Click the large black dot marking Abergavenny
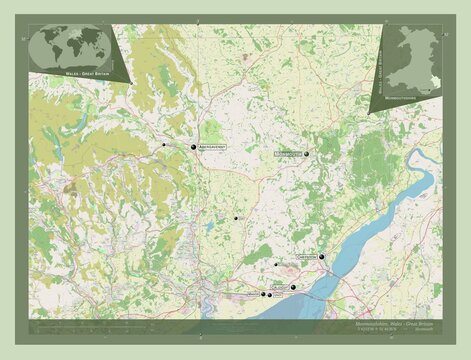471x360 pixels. tap(193, 147)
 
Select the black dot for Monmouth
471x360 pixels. tap(307, 154)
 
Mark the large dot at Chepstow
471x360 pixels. tap(322, 257)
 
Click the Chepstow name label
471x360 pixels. tap(308, 257)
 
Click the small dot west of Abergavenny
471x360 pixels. tap(164, 145)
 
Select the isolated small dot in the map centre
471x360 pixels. tap(236, 218)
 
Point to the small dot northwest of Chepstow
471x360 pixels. tap(276, 264)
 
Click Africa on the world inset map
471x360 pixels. tap(71, 48)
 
